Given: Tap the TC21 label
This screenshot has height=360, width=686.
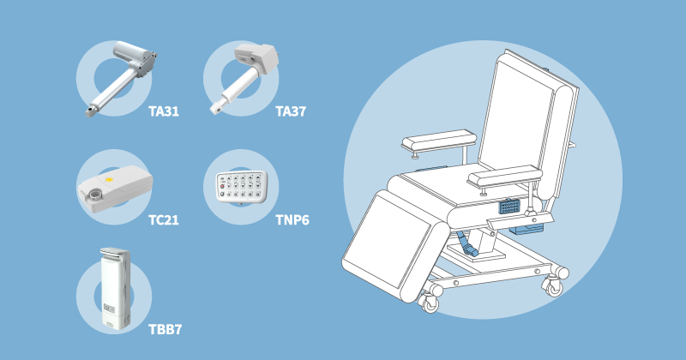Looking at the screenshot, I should point(163,220).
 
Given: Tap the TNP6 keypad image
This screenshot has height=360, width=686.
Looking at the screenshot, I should point(241,187).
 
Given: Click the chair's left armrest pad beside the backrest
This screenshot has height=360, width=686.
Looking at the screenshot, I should point(439,139).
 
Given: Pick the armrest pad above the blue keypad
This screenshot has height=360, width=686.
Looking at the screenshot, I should point(506,177).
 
